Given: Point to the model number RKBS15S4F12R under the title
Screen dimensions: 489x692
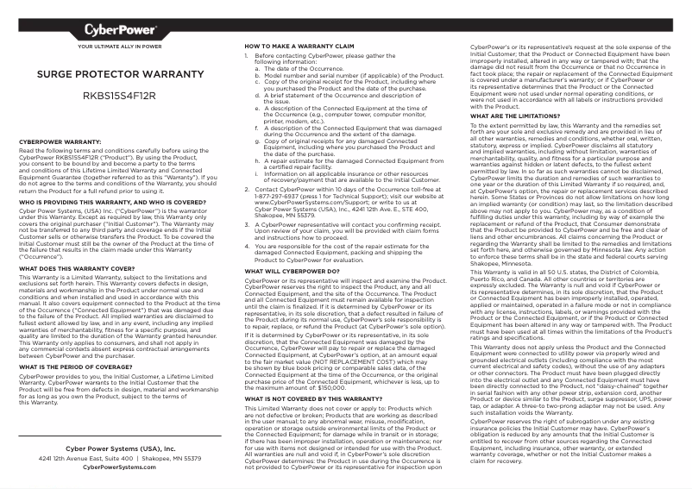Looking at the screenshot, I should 120,95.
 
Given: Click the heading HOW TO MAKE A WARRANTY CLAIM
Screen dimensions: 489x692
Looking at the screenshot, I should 299,45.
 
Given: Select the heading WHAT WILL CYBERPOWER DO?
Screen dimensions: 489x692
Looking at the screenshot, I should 289,271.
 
